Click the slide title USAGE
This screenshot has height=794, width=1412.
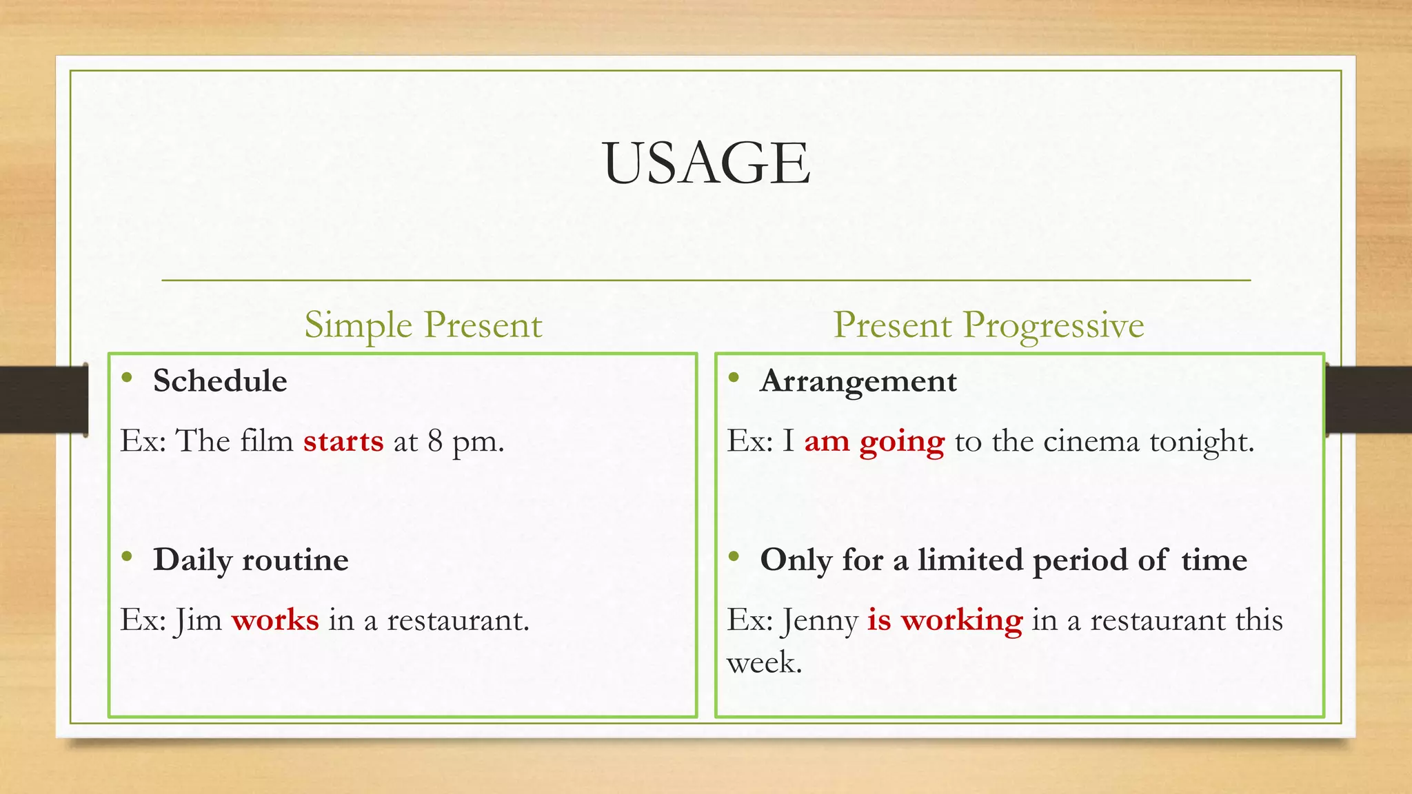click(x=706, y=163)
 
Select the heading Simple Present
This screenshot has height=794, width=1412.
click(x=423, y=325)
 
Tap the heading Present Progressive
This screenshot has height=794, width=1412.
click(x=988, y=325)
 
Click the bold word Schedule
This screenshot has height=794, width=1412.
click(x=220, y=381)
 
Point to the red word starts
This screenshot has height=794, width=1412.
click(x=343, y=441)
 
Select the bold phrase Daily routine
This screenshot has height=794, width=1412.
click(x=250, y=560)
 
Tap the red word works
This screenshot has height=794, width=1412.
click(x=275, y=620)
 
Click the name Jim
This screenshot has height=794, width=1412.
click(x=197, y=620)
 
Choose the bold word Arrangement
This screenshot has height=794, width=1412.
click(x=858, y=381)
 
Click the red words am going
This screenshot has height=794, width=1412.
click(x=874, y=442)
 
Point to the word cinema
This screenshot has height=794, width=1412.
click(x=1091, y=441)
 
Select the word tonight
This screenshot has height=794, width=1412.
click(x=1200, y=442)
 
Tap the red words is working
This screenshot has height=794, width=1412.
click(x=945, y=620)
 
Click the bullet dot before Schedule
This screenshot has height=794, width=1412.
click(x=126, y=377)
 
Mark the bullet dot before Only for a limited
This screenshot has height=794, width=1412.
click(x=734, y=556)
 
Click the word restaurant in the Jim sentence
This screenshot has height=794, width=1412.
click(x=457, y=620)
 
